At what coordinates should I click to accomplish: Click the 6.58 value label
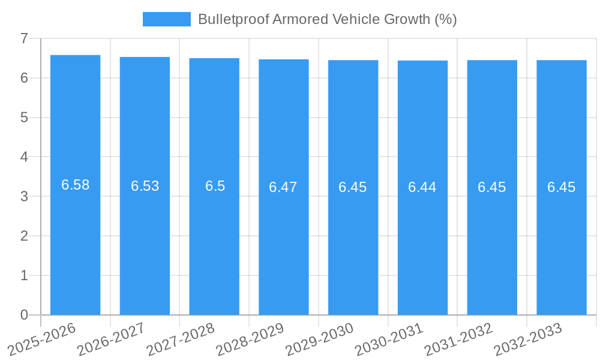point(75,185)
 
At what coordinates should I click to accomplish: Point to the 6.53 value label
point(145,186)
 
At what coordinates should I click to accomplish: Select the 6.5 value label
point(215,186)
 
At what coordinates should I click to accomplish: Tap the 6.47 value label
point(283,187)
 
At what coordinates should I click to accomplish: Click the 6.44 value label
point(422,187)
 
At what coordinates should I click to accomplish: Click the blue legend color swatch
point(166,19)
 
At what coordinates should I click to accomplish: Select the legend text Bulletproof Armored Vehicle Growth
point(327,19)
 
